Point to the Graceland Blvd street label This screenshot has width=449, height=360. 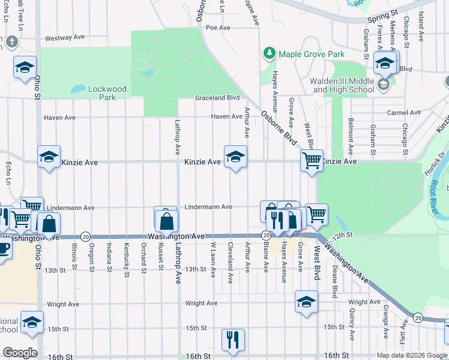tap(217, 98)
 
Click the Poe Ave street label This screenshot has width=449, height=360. tap(218, 28)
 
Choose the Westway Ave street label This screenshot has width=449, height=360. tap(65, 37)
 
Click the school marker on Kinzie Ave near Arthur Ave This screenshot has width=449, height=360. tap(235, 157)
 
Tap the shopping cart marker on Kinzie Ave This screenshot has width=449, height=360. tap(312, 161)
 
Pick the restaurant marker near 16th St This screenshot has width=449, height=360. tap(233, 339)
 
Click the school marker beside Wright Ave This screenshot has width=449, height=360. tap(306, 302)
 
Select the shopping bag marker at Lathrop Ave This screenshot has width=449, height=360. tap(166, 220)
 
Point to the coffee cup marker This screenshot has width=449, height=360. tap(3, 248)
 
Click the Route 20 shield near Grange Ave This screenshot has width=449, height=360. tap(418, 317)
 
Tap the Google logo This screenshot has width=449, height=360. tap(20, 353)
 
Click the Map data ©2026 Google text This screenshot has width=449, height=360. tap(412, 355)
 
